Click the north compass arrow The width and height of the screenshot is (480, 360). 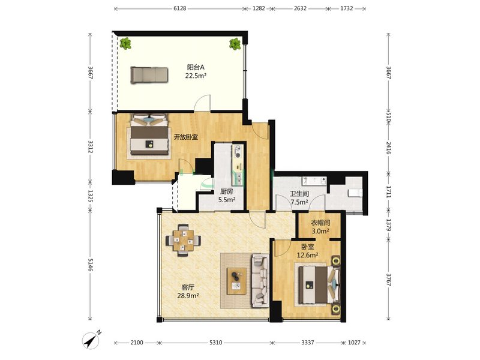91,340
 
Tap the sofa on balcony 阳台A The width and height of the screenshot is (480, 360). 149,74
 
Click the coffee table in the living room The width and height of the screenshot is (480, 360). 236,281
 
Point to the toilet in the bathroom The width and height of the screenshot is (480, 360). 355,193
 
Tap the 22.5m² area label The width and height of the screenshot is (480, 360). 196,76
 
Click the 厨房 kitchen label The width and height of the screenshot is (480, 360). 227,191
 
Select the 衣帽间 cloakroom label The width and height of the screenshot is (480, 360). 320,223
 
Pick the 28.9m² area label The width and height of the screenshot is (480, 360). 188,296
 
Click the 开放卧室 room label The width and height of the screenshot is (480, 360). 186,137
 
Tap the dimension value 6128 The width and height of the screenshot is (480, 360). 179,8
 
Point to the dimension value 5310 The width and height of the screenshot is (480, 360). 215,342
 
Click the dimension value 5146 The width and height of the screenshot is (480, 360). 91,265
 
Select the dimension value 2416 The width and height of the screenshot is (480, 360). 388,148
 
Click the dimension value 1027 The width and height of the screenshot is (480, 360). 354,342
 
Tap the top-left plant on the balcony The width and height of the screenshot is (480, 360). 125,43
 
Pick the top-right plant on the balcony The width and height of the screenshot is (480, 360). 235,44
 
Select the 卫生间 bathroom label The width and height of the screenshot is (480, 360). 299,193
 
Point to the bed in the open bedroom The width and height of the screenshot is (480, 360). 149,134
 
